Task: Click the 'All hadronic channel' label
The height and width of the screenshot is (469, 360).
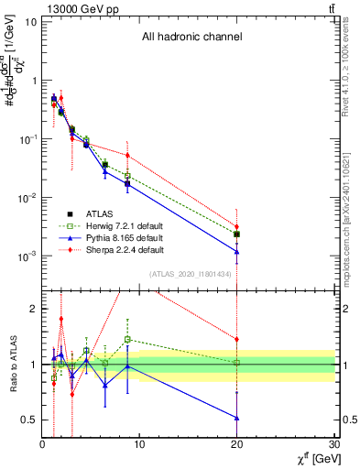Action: point(191,38)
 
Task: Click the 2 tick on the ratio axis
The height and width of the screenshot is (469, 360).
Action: point(32,309)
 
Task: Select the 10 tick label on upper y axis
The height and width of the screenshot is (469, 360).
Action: point(30,21)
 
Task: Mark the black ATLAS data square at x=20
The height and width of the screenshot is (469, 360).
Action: point(237,234)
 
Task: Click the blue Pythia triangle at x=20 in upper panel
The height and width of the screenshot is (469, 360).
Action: point(237,252)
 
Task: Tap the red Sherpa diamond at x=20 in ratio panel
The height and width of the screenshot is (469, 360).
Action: point(237,339)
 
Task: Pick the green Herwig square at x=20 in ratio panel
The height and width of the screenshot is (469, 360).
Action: point(237,364)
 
